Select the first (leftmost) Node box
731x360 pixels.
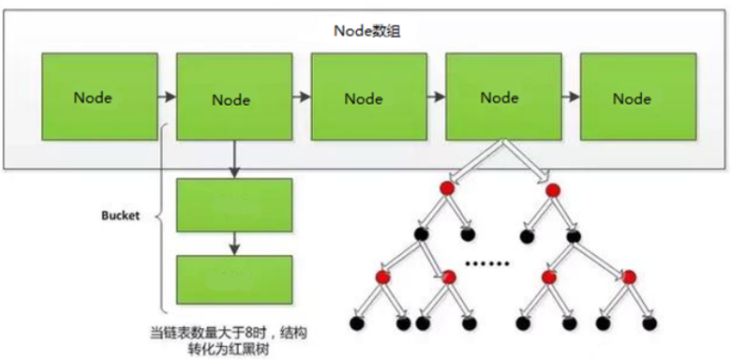98,97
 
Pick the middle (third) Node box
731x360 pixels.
365,97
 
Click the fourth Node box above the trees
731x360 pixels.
500,97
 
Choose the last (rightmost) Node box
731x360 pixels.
633,97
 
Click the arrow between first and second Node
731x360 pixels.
166,96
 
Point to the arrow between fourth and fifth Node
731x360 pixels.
567,96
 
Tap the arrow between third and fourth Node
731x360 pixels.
433,96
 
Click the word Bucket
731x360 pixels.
120,216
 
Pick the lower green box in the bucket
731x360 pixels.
234,277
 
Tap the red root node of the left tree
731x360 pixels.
448,188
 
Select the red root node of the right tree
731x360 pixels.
551,188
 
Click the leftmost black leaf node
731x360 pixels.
356,323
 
